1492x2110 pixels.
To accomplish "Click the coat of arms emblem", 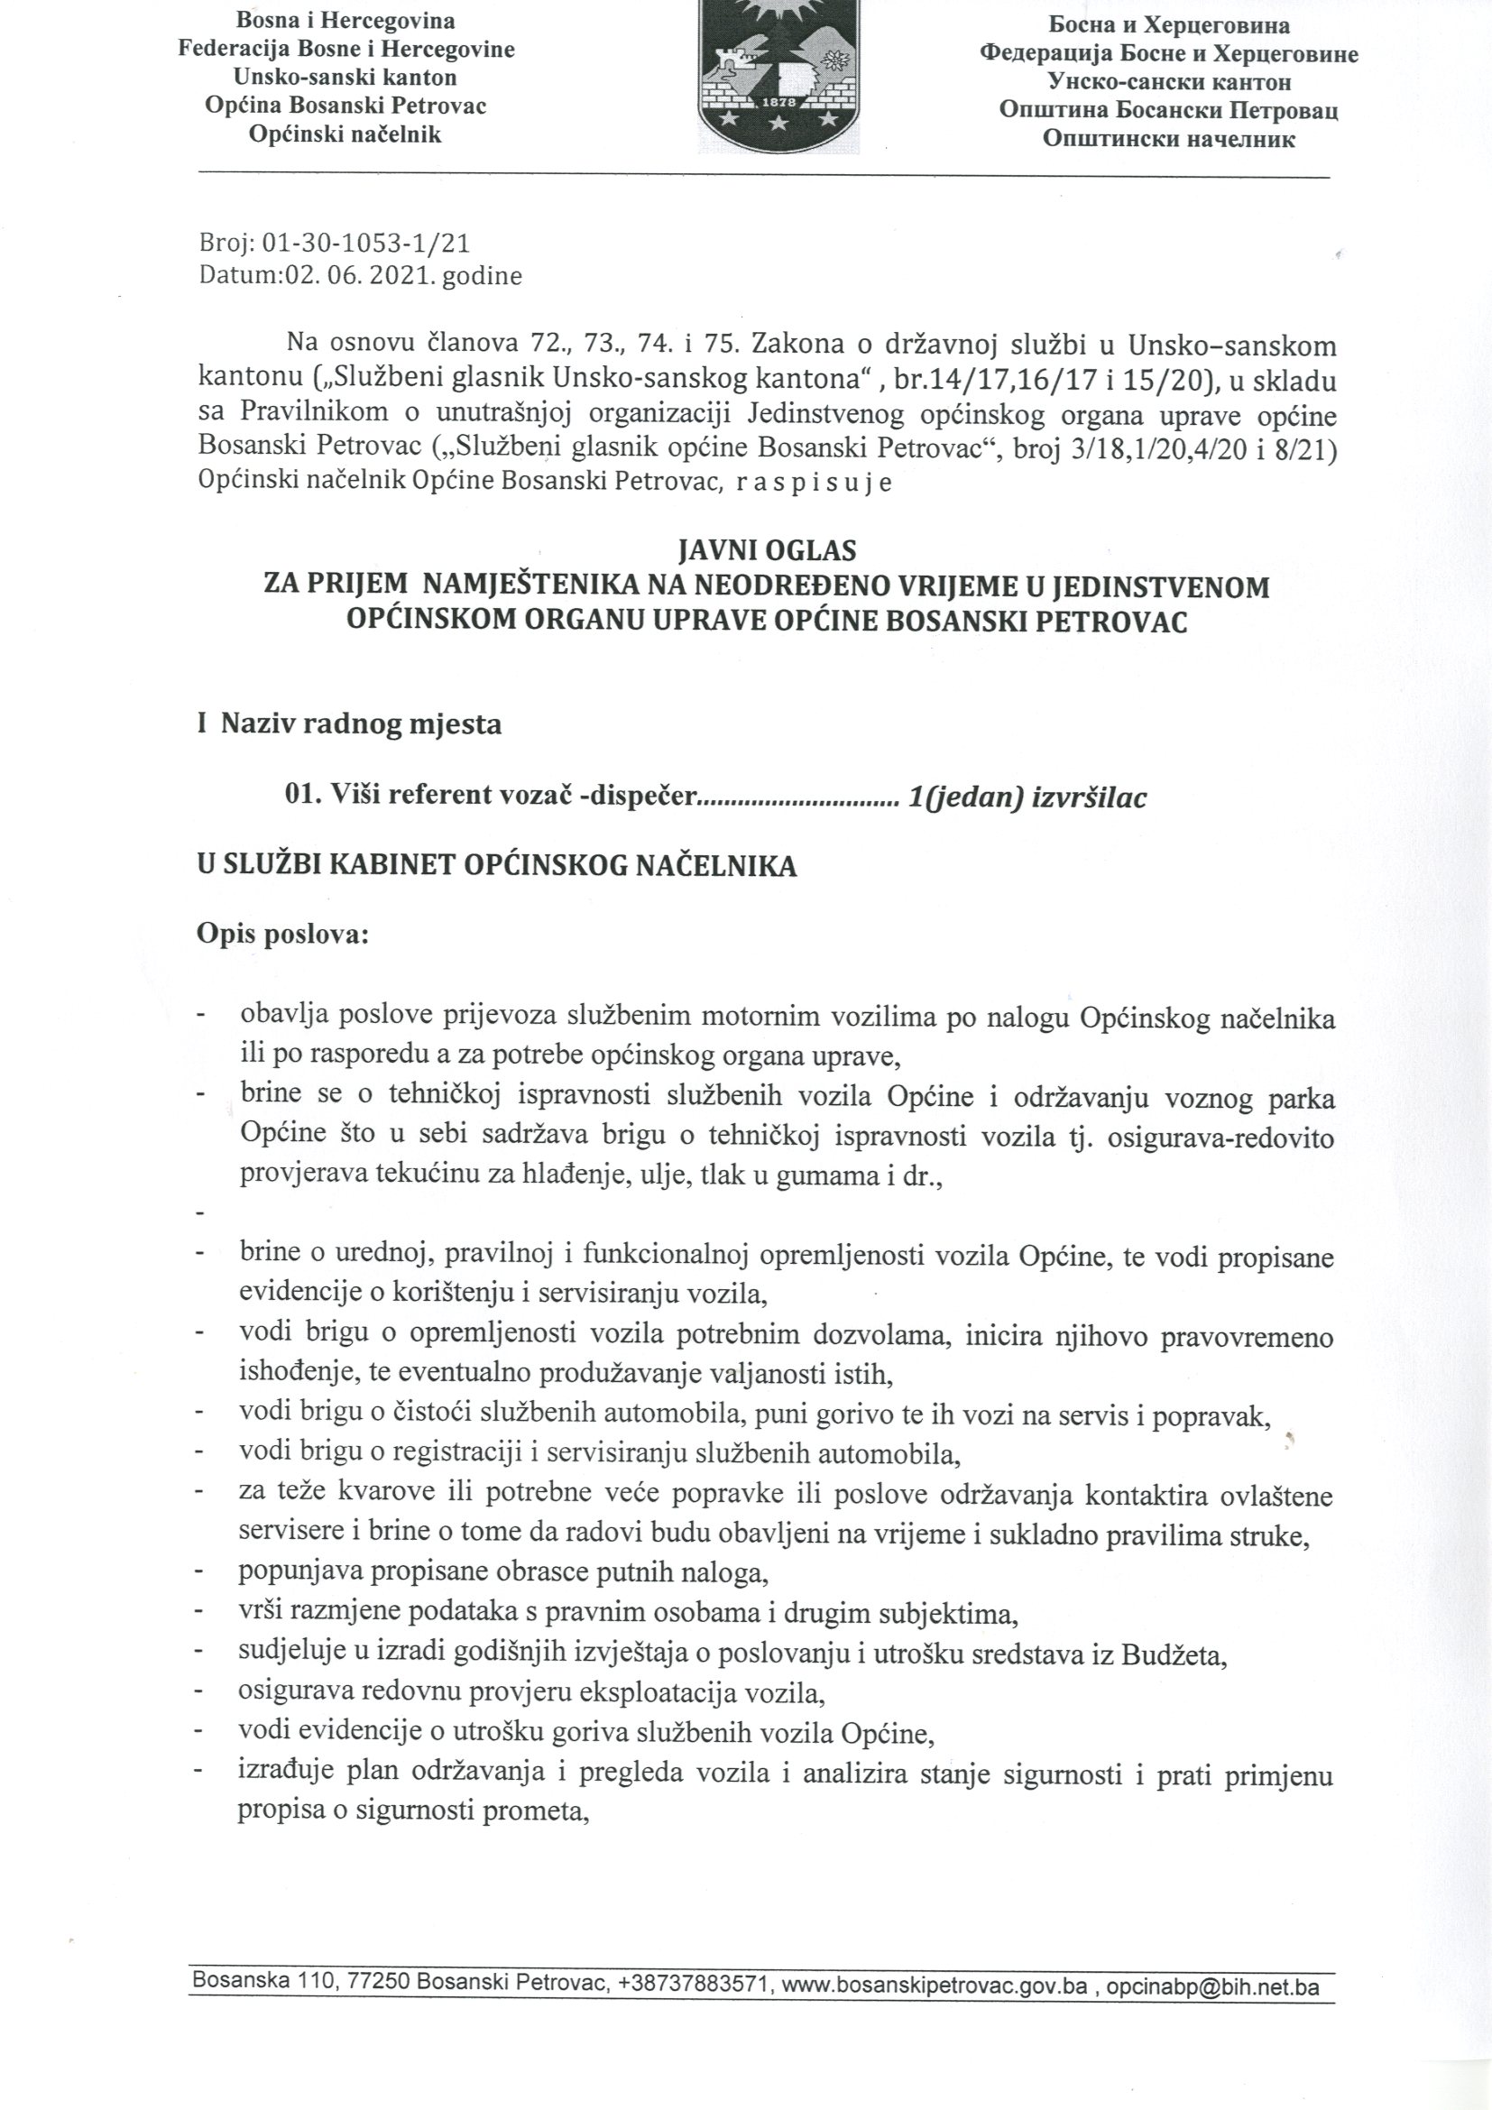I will [x=779, y=69].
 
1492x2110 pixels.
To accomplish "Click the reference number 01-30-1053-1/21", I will [x=365, y=243].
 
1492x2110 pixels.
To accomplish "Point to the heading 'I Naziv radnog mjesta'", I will [x=349, y=724].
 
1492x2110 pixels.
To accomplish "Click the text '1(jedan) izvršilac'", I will [x=1027, y=797].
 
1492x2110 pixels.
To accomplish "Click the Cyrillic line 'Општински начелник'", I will [x=1168, y=140].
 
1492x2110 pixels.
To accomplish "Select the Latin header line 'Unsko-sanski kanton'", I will [x=345, y=78].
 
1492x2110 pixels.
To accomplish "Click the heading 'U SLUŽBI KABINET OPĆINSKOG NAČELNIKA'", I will [x=496, y=866].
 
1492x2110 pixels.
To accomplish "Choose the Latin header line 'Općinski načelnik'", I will [x=345, y=135].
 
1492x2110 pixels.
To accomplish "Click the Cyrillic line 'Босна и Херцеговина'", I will [x=1168, y=25].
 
